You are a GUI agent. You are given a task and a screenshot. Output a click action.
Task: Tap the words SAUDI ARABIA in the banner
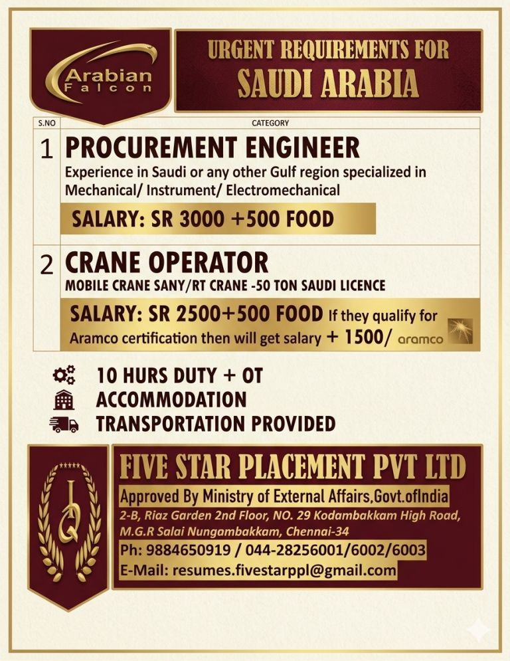coord(329,84)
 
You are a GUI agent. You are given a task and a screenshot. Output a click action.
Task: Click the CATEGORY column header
coord(270,123)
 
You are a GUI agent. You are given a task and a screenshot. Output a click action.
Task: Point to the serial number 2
coord(46,264)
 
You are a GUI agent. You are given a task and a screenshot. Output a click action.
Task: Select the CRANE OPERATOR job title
coord(166,262)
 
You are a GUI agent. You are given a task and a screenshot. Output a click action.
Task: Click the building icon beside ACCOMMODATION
coord(64,399)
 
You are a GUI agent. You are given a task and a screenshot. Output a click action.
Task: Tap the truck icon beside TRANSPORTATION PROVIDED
coord(64,423)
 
